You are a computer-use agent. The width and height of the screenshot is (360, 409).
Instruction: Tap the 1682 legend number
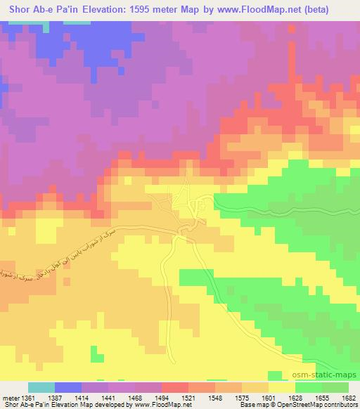click(349, 398)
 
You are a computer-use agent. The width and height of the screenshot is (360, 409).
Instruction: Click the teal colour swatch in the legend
click(41, 387)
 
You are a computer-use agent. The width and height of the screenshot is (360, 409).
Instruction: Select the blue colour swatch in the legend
click(68, 387)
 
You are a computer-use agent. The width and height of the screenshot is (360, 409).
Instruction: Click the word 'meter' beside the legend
click(7, 398)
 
